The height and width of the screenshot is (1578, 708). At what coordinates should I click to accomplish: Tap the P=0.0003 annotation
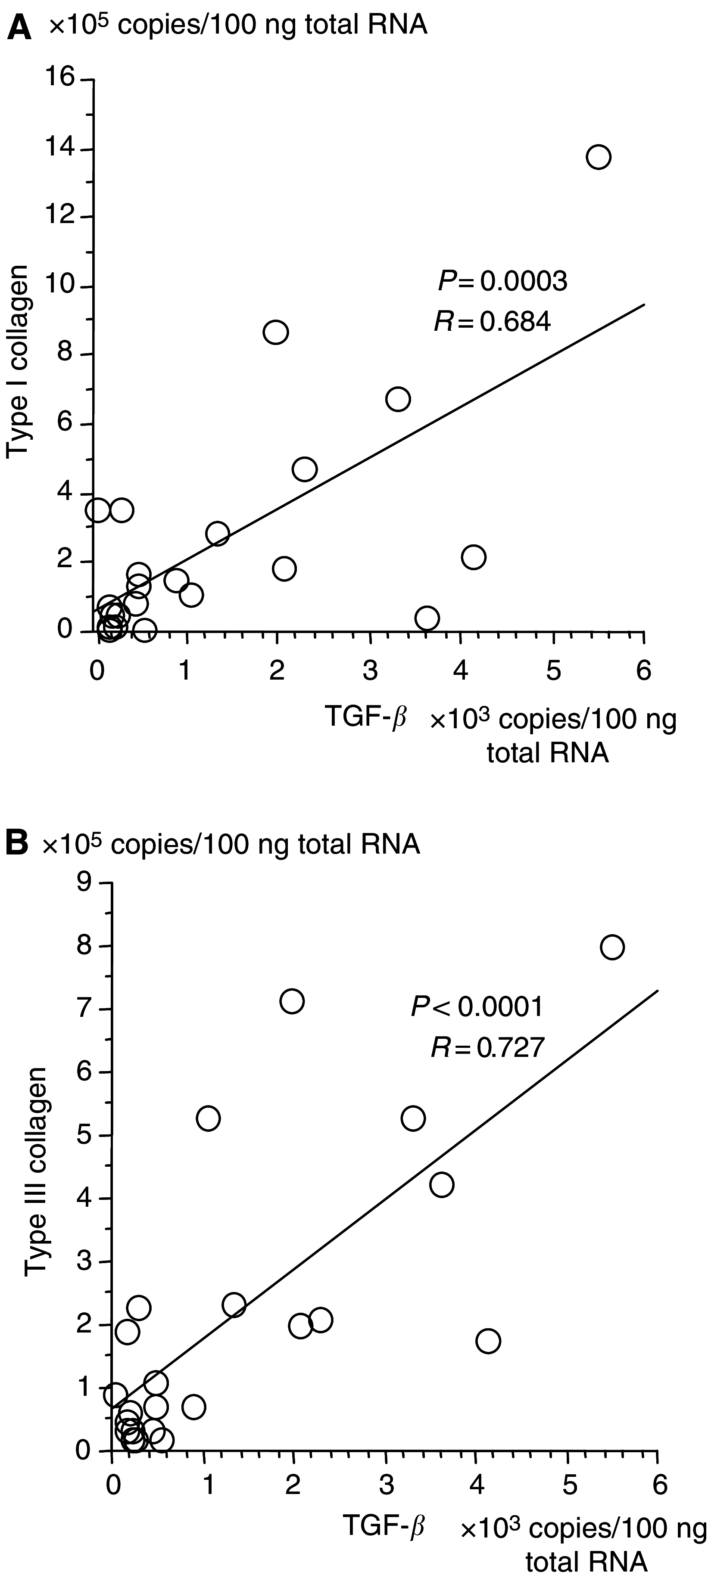click(x=502, y=282)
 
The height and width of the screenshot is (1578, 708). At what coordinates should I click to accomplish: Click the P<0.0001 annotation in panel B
click(x=476, y=1006)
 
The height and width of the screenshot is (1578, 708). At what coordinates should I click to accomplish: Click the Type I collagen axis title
click(x=19, y=361)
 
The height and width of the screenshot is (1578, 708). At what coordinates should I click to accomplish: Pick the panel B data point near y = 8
click(x=612, y=947)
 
